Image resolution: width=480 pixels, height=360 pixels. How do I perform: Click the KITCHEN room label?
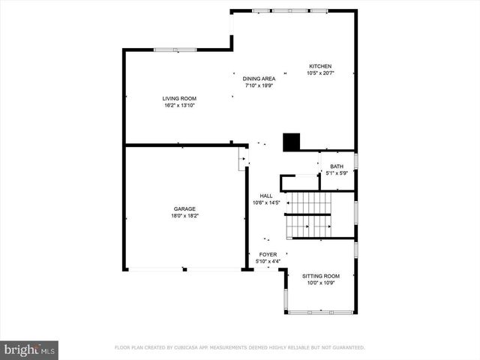pos(320,66)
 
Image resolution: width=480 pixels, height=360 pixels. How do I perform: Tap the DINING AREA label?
pos(259,79)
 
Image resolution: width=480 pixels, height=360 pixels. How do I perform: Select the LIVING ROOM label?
pos(179,98)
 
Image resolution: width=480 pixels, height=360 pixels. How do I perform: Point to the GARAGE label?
pos(184,208)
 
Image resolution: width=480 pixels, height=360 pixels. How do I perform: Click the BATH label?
pos(337,166)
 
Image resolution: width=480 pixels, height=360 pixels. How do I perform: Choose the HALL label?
pos(266,195)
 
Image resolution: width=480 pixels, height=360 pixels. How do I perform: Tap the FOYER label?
pos(268,254)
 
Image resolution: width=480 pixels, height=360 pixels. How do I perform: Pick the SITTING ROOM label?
pos(321,276)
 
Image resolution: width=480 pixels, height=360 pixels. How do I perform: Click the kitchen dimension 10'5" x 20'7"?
pos(320,73)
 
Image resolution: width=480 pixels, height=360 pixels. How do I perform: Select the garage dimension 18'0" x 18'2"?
pos(184,216)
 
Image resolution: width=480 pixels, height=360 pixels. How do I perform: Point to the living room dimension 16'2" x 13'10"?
pos(179,105)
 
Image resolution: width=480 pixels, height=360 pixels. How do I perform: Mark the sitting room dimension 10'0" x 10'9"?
pos(321,283)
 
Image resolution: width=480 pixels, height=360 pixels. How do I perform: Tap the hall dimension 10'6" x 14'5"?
pos(266,202)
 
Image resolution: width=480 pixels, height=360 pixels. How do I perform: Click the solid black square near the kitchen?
pos(291,141)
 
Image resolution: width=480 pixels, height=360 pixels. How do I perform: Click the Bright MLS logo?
pos(30,349)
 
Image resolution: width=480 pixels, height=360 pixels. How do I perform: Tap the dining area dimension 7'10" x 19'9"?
pos(259,85)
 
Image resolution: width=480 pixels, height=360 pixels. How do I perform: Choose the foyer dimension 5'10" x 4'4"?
pos(268,261)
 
